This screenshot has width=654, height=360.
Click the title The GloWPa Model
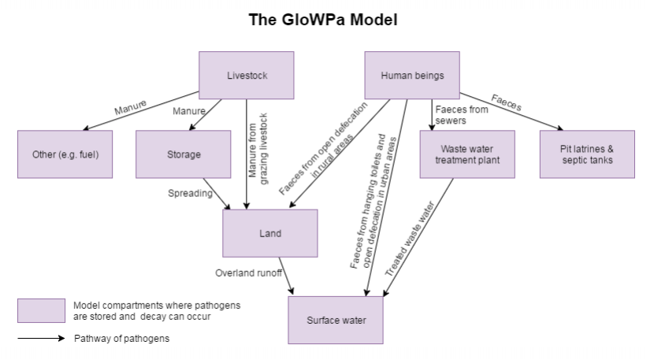click(x=323, y=20)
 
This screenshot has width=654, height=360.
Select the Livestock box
click(x=247, y=76)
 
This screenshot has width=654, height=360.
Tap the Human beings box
click(x=412, y=76)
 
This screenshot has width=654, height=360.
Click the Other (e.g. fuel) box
click(x=65, y=154)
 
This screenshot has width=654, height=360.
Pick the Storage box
click(x=183, y=154)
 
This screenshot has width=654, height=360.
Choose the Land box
click(x=270, y=233)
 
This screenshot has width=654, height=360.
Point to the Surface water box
click(x=336, y=321)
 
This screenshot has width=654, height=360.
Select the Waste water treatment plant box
click(x=467, y=154)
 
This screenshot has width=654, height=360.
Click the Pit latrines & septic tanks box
click(x=587, y=154)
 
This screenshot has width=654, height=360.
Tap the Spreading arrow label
click(x=190, y=193)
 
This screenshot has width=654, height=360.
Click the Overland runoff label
click(x=248, y=273)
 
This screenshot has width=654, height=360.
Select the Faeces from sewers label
click(x=462, y=115)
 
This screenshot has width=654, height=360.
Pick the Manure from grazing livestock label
click(x=258, y=149)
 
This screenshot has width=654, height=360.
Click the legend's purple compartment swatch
click(x=41, y=310)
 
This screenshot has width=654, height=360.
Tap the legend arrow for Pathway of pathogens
click(x=41, y=338)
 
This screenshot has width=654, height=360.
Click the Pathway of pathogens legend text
click(x=122, y=338)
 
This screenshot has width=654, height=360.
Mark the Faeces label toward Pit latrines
click(x=507, y=102)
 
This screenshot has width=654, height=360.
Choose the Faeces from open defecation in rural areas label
click(x=324, y=148)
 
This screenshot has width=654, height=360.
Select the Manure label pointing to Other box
click(x=131, y=107)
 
